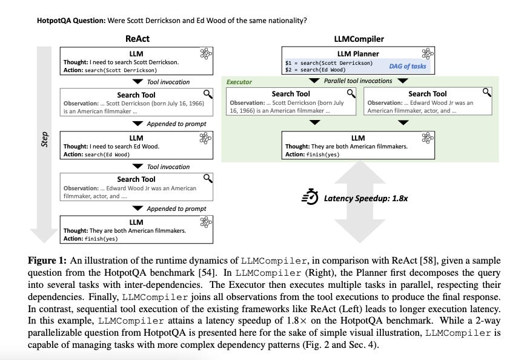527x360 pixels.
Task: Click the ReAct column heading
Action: coord(137,39)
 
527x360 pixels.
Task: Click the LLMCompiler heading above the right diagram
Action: coord(359,39)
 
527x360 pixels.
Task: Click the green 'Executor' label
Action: coord(239,82)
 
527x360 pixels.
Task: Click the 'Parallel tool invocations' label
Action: coord(358,81)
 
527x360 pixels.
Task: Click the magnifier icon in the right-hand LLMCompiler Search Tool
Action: coord(486,93)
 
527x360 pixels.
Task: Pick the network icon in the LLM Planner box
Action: coord(428,53)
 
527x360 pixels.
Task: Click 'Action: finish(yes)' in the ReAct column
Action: coord(91,239)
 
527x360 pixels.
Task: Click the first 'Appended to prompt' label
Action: coord(176,124)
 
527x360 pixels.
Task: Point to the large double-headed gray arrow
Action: coord(358,203)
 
